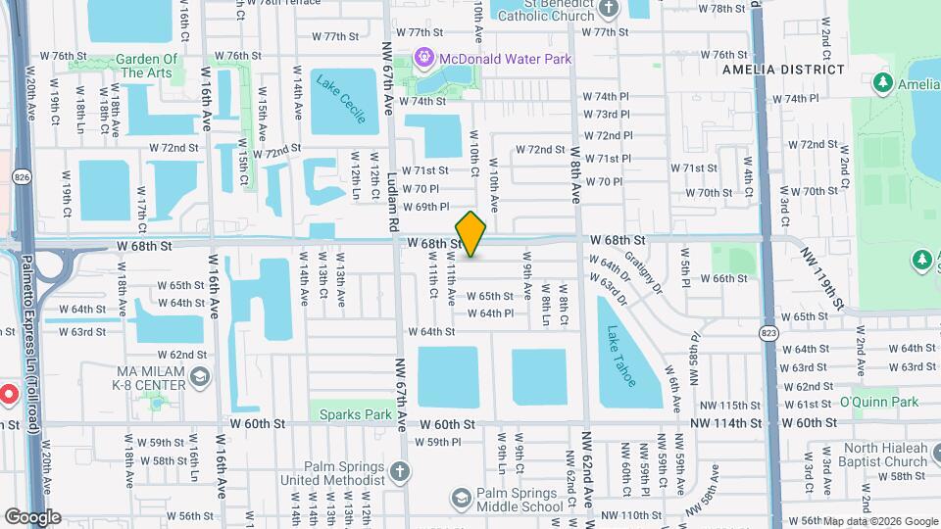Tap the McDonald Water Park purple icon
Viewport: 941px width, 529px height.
[x=424, y=59]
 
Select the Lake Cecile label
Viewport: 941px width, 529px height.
[x=341, y=98]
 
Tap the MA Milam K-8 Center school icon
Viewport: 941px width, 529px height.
[x=200, y=377]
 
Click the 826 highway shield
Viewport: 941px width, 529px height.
[x=21, y=176]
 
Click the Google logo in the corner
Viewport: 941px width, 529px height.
[x=32, y=516]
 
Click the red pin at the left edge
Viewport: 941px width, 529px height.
[x=7, y=395]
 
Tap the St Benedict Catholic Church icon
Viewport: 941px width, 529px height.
[x=609, y=9]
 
